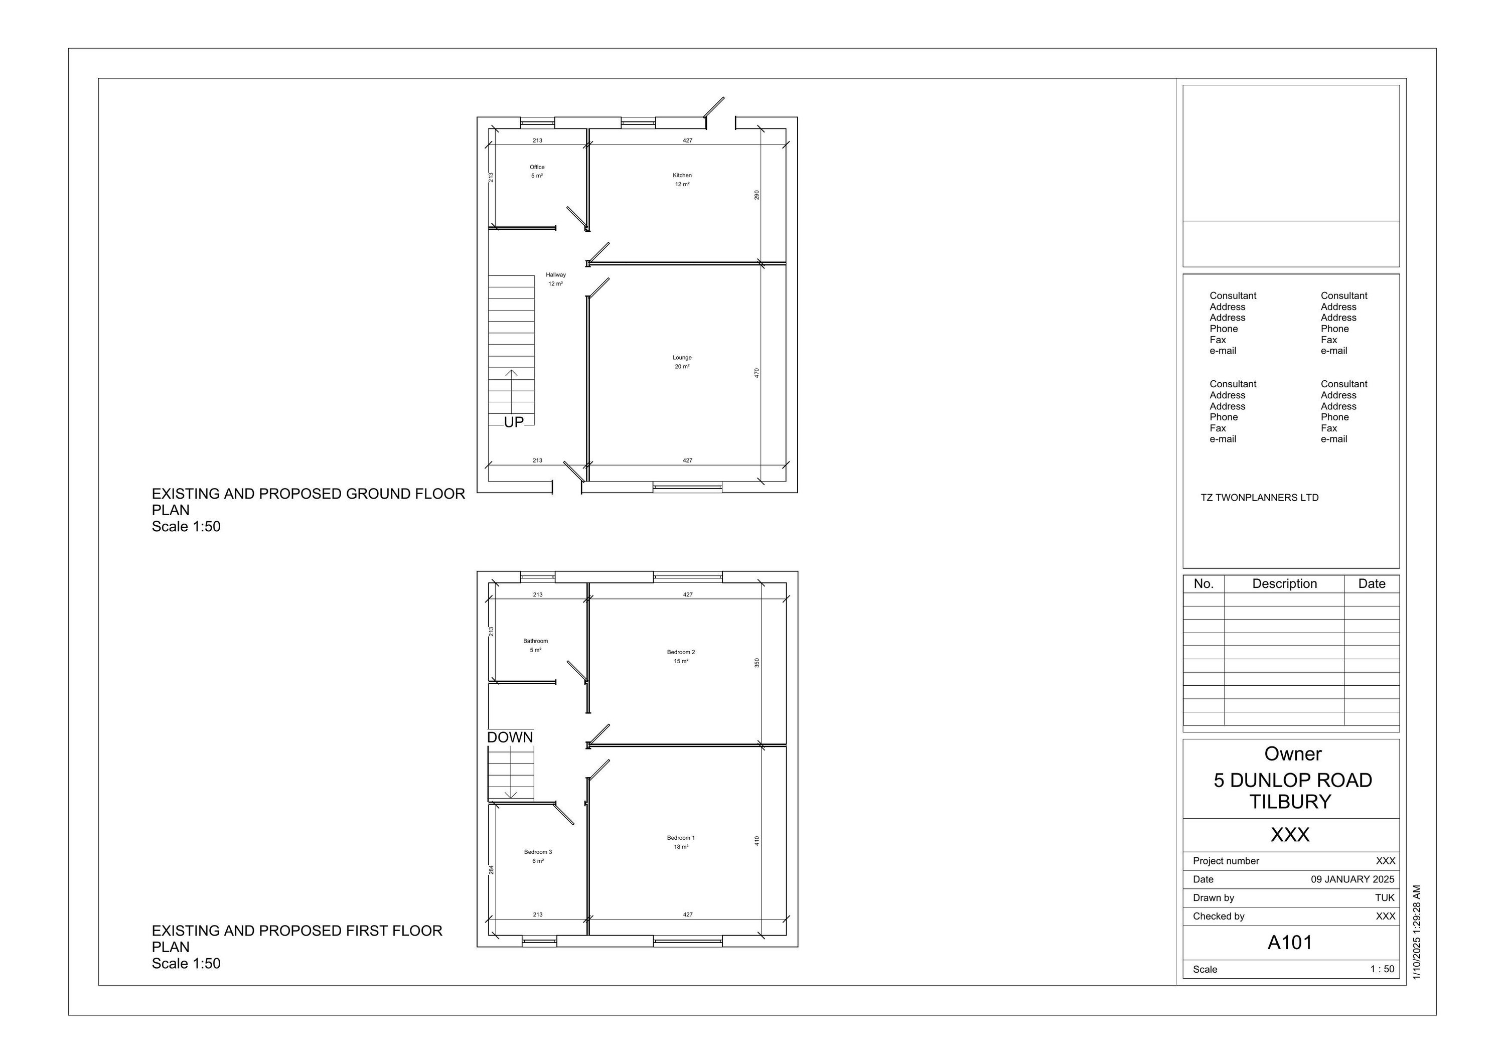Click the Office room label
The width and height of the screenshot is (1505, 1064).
[x=537, y=167]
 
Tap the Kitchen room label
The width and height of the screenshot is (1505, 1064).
[x=682, y=176]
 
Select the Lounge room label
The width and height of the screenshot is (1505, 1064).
[x=682, y=358]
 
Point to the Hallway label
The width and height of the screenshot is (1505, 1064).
[x=555, y=275]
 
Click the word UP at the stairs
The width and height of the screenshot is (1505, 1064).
[x=514, y=422]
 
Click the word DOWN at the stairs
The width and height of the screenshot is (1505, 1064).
[x=510, y=737]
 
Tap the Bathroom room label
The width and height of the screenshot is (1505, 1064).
[x=536, y=641]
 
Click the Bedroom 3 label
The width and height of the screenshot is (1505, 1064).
[x=537, y=852]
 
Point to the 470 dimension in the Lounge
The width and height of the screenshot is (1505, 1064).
[x=757, y=372]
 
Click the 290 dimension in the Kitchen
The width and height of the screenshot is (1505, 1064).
[x=757, y=195]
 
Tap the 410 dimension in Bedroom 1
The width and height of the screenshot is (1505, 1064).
[x=757, y=840]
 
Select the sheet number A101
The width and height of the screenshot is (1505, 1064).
[x=1289, y=943]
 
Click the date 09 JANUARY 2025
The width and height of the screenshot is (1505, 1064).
[x=1352, y=879]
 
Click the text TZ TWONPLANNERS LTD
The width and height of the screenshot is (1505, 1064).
[x=1259, y=498]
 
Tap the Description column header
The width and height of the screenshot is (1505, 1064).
[x=1284, y=583]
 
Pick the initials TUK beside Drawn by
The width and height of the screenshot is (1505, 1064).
[x=1385, y=897]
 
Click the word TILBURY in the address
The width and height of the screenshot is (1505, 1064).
[x=1289, y=802]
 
